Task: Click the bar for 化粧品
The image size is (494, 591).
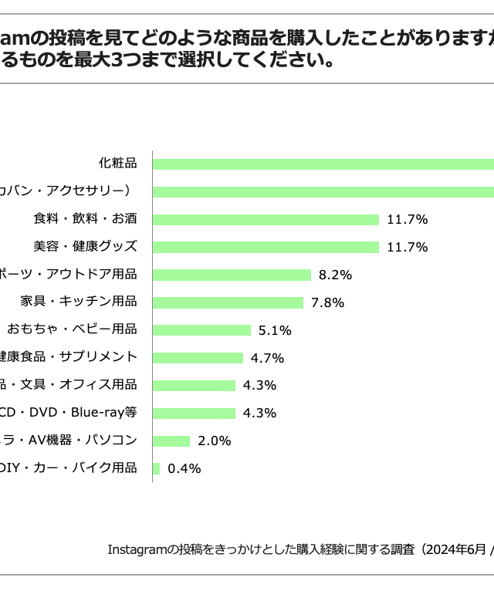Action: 324,164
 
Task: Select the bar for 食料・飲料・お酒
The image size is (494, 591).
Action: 266,219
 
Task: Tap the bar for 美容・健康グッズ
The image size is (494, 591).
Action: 266,247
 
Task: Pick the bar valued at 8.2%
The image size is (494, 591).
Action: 232,275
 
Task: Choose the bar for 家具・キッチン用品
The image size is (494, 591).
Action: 228,302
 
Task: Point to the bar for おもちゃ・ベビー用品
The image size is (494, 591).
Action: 201,330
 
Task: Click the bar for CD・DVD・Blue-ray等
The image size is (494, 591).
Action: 194,413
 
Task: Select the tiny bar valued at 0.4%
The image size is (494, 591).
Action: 157,468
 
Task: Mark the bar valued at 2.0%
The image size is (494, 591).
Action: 171,441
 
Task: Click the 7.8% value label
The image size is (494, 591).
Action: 327,302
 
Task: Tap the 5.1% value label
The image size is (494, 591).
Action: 275,330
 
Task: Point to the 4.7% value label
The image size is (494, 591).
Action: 267,358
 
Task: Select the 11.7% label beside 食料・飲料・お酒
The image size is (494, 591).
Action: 407,219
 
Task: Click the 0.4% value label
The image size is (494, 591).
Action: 184,468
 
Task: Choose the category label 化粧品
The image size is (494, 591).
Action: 117,163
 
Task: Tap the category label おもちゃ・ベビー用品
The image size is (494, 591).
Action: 72,329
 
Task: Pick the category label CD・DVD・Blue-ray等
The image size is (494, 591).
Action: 68,412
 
